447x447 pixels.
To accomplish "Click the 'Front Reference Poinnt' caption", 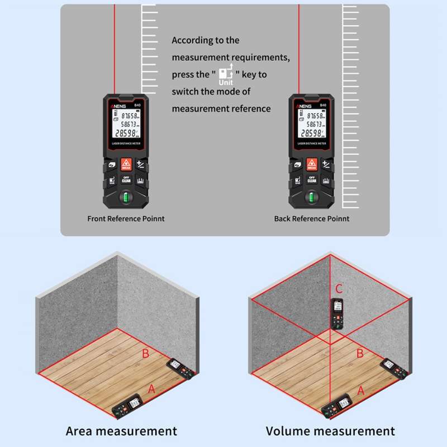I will tap(126, 218).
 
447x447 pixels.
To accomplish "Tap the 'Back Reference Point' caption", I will tap(312, 218).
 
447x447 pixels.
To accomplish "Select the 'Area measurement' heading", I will tap(121, 431).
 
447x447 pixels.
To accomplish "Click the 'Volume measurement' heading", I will tap(330, 431).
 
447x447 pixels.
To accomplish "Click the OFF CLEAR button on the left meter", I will tap(126, 180).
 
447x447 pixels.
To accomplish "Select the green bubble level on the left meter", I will tap(126, 198).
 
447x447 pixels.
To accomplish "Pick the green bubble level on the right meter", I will tap(312, 198).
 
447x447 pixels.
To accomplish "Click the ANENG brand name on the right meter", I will tap(303, 104).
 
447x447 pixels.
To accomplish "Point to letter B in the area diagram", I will tap(145, 353).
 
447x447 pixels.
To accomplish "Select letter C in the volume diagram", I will tap(339, 289).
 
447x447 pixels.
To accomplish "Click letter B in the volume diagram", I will tap(360, 353).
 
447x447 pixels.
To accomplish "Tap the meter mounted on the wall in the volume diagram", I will tap(337, 313).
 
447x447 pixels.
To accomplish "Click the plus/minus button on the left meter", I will tap(140, 165).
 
